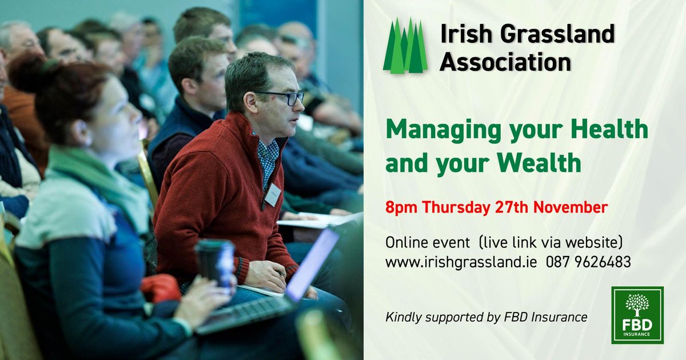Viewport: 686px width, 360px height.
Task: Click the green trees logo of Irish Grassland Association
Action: click(405, 47)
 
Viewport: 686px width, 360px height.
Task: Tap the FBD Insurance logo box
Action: click(637, 315)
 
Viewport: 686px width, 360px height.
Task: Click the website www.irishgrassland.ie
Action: click(461, 262)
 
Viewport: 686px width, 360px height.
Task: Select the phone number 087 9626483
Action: click(588, 262)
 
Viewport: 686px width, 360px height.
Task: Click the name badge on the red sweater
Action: click(273, 195)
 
